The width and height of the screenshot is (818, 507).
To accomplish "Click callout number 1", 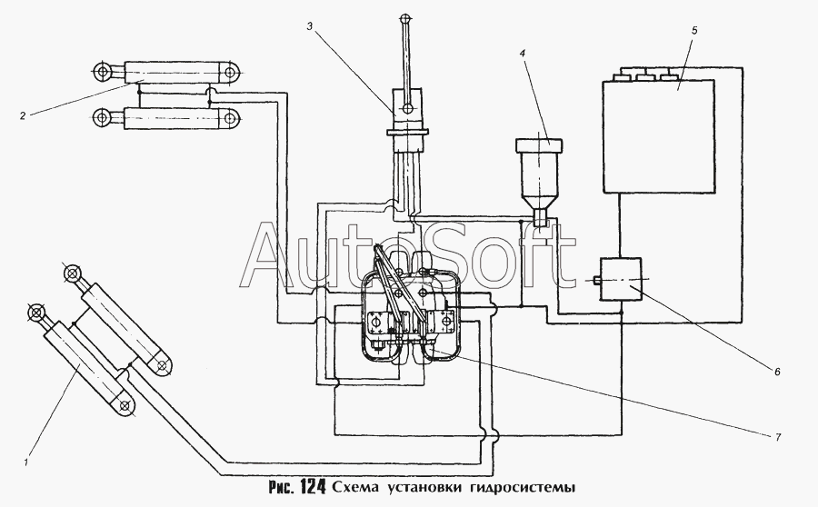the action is pos(25,462).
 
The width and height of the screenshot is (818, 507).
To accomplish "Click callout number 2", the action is pos(23,115).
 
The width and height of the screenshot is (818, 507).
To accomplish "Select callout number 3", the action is pos(309,26).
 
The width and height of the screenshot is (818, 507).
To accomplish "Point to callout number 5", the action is pos(694,30).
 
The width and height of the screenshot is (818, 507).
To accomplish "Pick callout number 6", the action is pos(777,372).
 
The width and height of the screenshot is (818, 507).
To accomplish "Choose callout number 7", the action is pos(778,437).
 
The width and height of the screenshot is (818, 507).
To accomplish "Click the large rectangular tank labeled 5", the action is pos(658,136).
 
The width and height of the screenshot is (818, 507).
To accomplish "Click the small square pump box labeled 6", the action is pos(620,279).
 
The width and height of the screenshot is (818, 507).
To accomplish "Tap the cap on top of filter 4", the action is pos(538,145).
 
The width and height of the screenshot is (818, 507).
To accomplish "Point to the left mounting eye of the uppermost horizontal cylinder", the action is pos(101,71).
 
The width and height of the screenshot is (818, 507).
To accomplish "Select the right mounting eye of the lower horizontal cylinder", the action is pos(229,117).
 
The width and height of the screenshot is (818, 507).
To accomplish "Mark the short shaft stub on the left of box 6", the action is pos(597,280).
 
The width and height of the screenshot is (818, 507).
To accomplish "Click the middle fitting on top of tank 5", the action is pos(644,77).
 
